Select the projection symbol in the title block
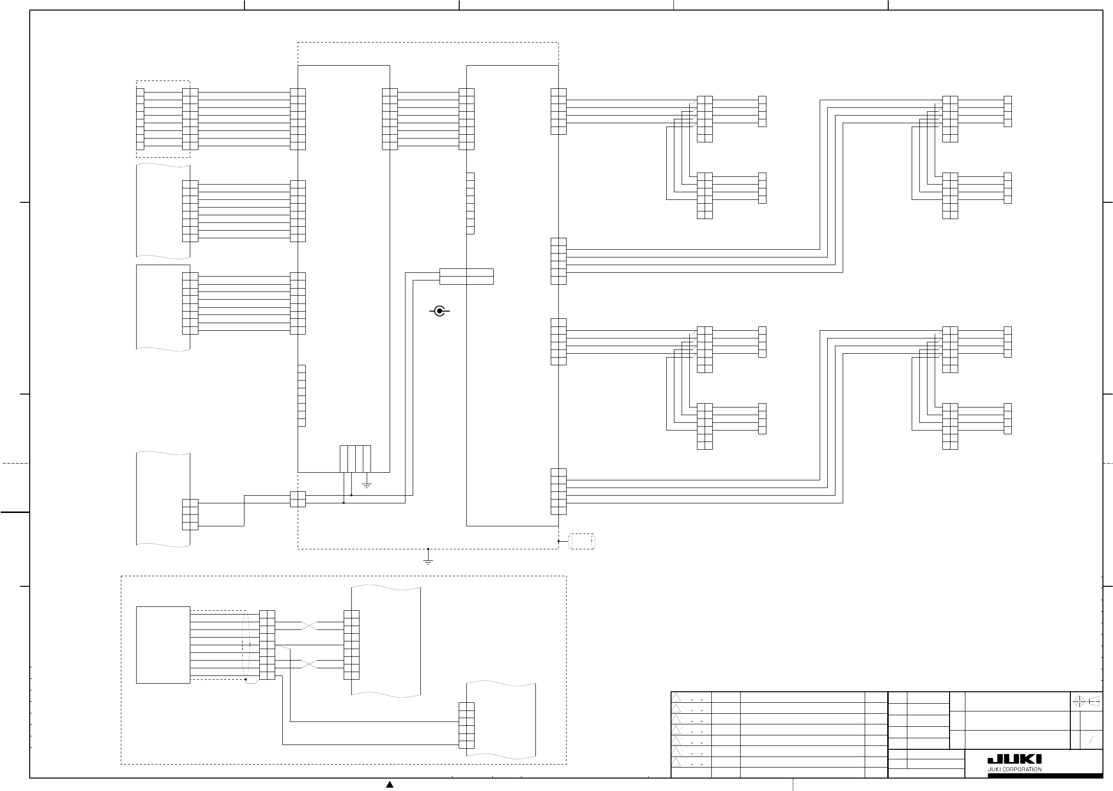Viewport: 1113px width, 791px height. (x=1087, y=701)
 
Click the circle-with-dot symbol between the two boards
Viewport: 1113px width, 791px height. (x=440, y=311)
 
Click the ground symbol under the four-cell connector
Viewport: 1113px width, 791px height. (x=367, y=485)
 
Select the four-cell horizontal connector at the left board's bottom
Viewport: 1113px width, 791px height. (x=355, y=459)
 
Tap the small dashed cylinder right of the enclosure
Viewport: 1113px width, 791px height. (x=582, y=541)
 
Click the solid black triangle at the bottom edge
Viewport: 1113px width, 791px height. (x=390, y=784)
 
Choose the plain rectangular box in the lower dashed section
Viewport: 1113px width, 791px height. (x=163, y=645)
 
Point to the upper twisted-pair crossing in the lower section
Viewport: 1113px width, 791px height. (x=309, y=626)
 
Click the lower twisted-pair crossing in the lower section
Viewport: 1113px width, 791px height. (x=309, y=664)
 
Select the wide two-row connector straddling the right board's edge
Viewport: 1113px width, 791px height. (x=466, y=276)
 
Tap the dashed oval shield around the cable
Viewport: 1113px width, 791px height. (x=246, y=645)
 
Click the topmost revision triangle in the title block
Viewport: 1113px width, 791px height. (x=676, y=698)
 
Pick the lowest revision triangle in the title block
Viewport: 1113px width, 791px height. (x=676, y=762)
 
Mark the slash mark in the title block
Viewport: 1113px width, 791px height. (x=1091, y=740)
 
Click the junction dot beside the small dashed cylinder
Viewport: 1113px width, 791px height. (x=558, y=541)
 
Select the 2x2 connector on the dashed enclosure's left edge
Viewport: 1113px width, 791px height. (x=298, y=499)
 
